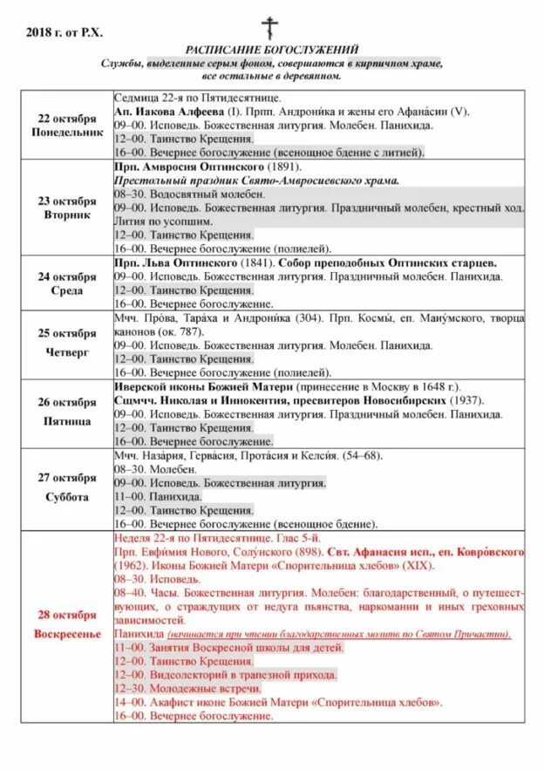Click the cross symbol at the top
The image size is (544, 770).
(271, 27)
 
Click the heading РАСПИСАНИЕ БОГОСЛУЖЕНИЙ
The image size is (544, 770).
(271, 51)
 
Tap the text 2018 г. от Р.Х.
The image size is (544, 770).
(65, 32)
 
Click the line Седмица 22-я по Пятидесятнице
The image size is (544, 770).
(196, 99)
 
